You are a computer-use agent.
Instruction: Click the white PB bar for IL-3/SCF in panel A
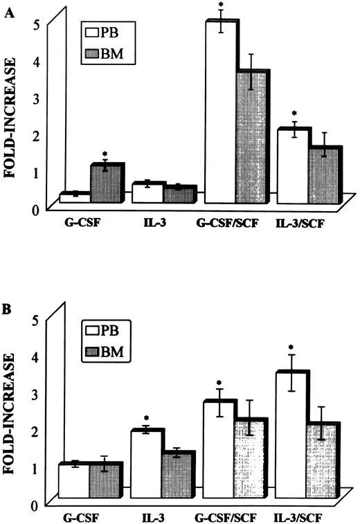(290, 166)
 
